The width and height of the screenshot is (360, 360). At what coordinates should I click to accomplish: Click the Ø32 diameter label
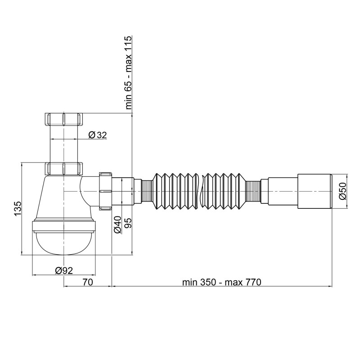(x=97, y=135)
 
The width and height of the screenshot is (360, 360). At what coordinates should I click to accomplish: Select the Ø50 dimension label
(x=342, y=192)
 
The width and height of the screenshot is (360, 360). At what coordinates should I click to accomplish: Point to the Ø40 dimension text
(x=117, y=224)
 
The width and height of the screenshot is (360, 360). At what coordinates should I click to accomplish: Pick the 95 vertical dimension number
(x=127, y=224)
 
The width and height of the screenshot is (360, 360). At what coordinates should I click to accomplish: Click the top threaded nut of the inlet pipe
(x=64, y=119)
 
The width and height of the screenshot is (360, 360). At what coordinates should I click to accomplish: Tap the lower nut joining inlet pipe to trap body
(x=64, y=169)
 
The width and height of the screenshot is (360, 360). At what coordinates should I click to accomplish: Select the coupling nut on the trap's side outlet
(x=105, y=191)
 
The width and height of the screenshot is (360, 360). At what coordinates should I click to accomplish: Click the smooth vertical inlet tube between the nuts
(x=64, y=144)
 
